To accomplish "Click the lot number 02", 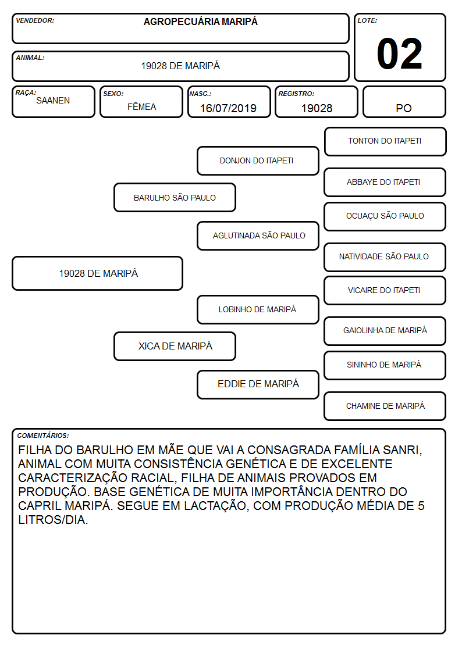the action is [400, 53].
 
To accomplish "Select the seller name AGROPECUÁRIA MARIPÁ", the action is [200, 22].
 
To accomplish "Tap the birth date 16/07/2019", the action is [228, 108].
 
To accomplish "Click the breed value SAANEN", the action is [53, 101].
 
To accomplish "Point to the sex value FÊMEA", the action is [141, 106].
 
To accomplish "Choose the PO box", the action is [404, 102].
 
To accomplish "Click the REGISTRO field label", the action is [296, 94].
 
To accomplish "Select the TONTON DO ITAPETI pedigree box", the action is [385, 142].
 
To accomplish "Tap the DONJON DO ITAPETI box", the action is [258, 160].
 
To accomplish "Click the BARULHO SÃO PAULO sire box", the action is [175, 197].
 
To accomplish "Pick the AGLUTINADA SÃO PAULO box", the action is [258, 235].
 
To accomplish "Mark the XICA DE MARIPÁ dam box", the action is [175, 346].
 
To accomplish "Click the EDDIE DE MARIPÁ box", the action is [258, 384].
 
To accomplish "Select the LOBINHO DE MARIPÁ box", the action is [258, 309].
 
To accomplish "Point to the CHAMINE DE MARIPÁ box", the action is [385, 406].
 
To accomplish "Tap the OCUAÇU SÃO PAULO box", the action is [385, 216].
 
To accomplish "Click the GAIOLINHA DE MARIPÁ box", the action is [385, 331].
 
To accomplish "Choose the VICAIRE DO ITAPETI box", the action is [385, 290].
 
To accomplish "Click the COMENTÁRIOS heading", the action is [43, 436].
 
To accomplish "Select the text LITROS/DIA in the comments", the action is [53, 520].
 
